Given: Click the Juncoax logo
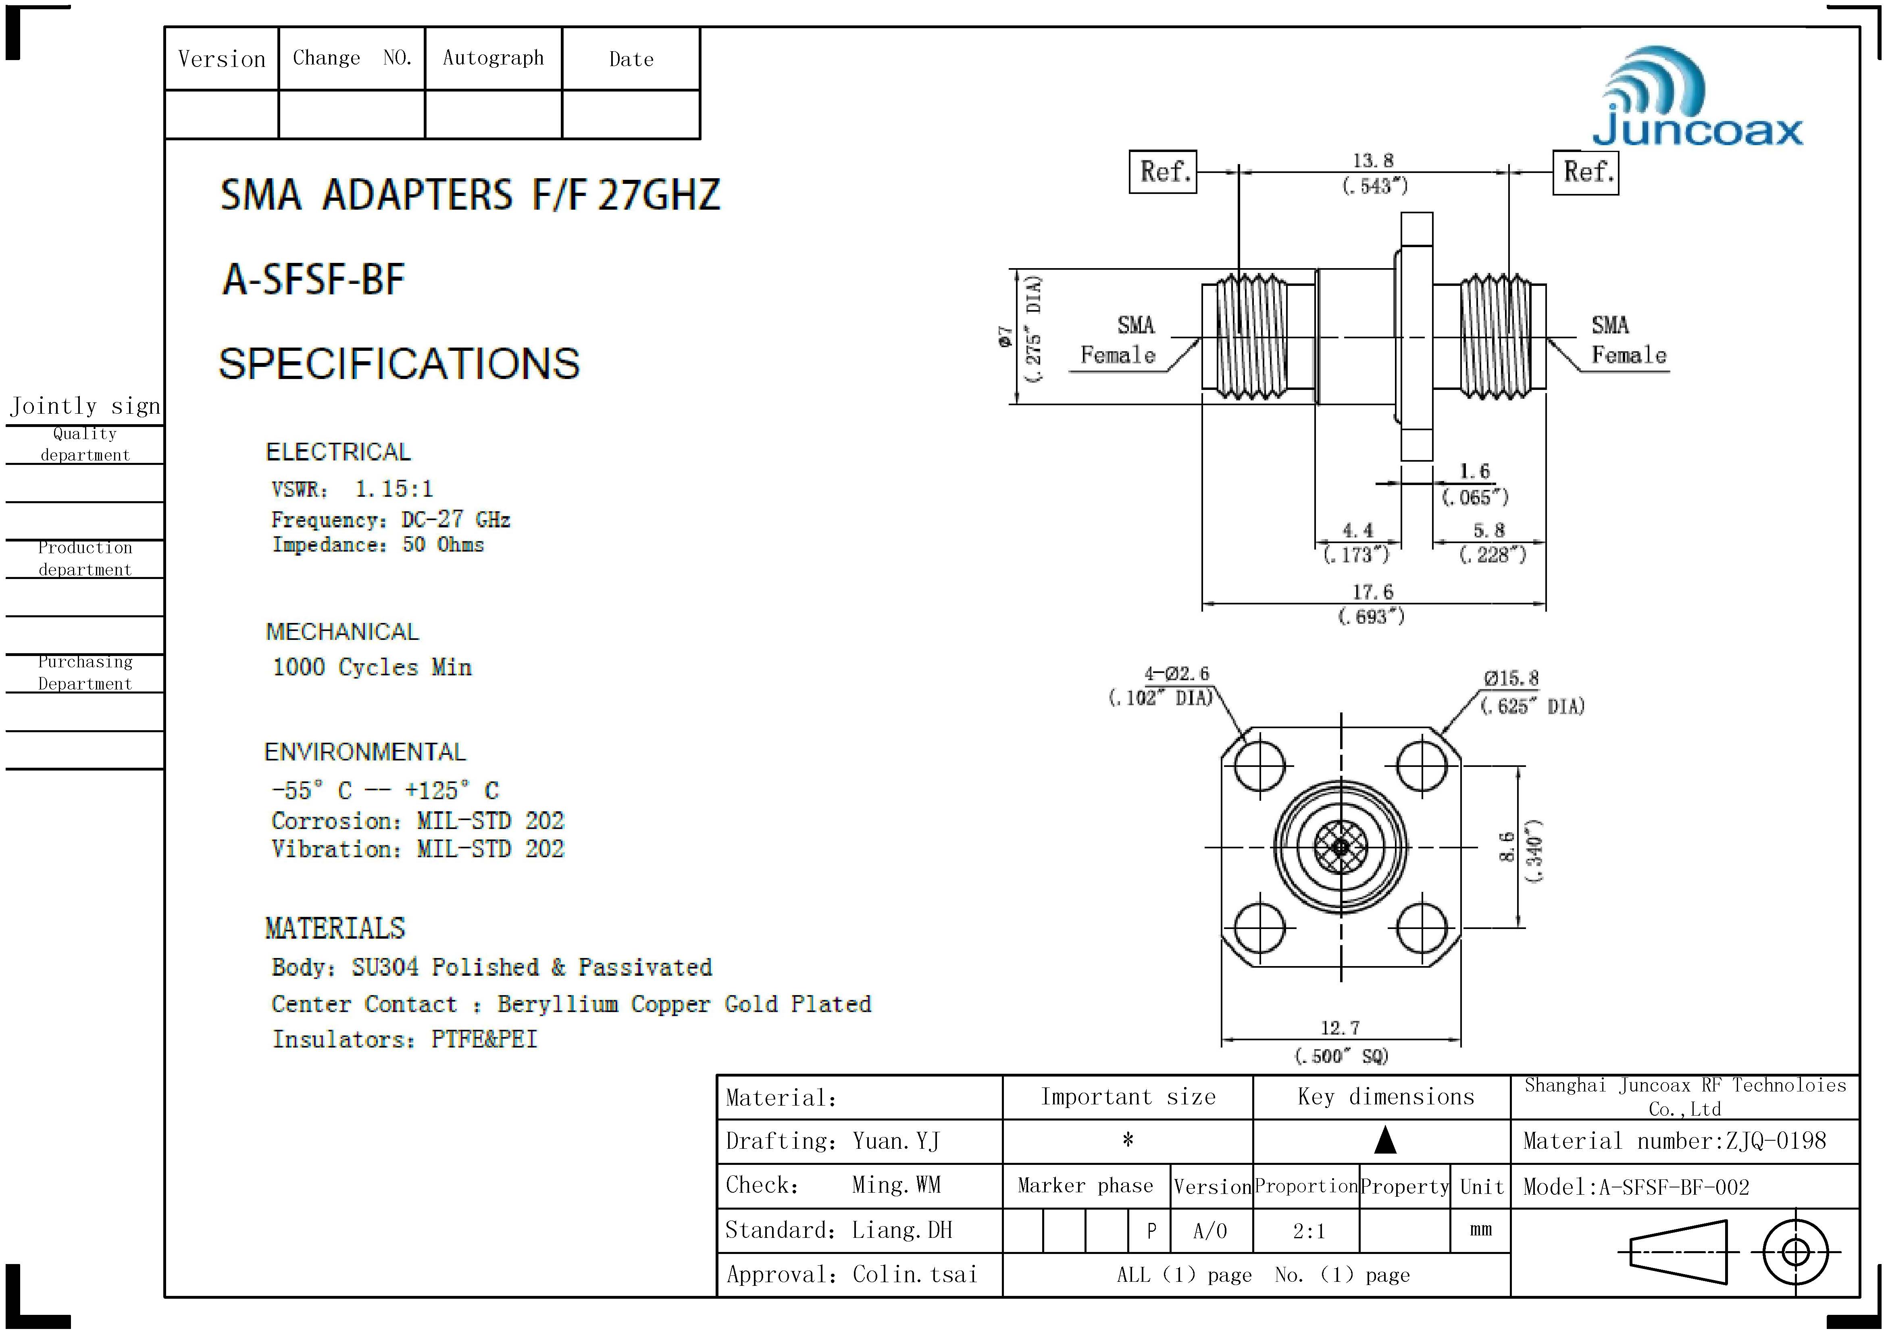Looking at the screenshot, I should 1696,98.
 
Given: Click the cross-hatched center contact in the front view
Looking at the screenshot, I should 1341,847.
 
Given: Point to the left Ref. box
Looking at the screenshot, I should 1163,172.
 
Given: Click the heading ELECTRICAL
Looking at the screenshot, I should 337,452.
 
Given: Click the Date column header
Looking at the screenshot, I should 631,59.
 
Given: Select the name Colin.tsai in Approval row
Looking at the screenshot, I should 914,1275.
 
